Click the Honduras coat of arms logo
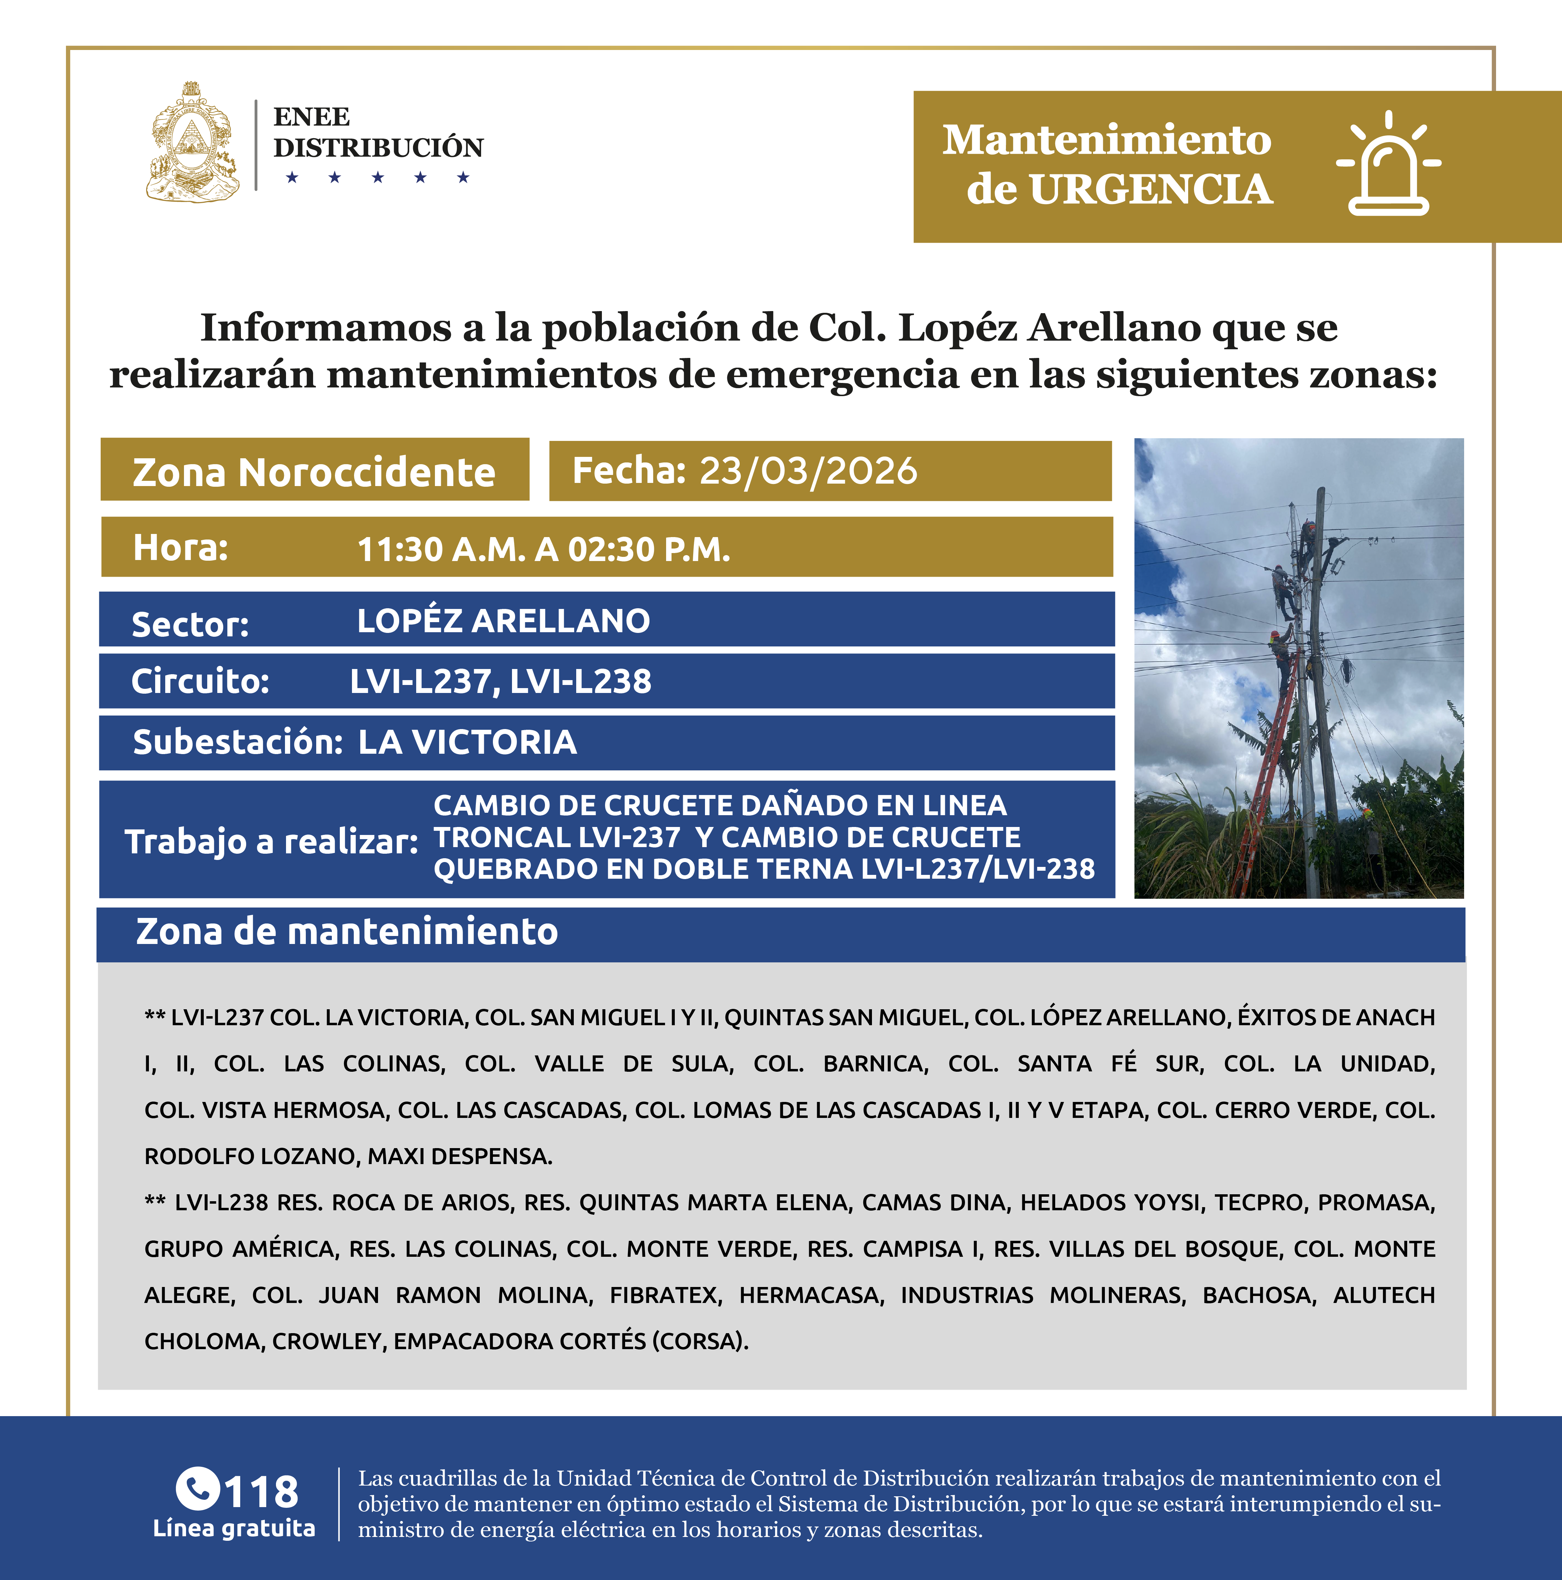pos(193,142)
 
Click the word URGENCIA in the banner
pos(1151,190)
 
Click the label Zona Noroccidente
pos(314,473)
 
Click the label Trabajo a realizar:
pos(271,842)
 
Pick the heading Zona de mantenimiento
pos(347,931)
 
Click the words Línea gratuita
pos(234,1529)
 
